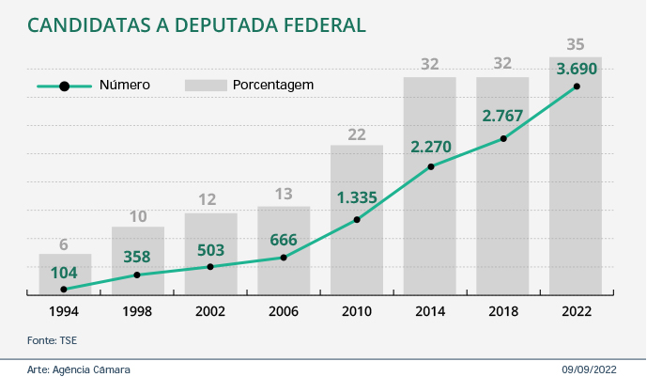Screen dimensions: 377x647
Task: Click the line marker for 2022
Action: pyautogui.click(x=576, y=86)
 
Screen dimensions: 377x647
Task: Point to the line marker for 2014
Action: pyautogui.click(x=430, y=167)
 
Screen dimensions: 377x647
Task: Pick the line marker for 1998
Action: pyautogui.click(x=137, y=275)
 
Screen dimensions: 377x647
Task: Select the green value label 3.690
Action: pyautogui.click(x=575, y=69)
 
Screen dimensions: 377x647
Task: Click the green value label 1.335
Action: pyautogui.click(x=357, y=197)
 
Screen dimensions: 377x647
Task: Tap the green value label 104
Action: pyautogui.click(x=64, y=273)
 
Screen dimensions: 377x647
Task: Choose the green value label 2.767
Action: pyautogui.click(x=502, y=117)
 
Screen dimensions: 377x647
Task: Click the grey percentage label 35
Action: pyautogui.click(x=576, y=44)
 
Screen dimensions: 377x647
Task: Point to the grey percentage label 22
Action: pyautogui.click(x=357, y=134)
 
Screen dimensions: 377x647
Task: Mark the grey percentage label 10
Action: pyautogui.click(x=137, y=216)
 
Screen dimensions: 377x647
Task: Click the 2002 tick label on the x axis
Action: pyautogui.click(x=210, y=311)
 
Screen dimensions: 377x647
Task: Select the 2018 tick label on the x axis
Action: pyautogui.click(x=502, y=311)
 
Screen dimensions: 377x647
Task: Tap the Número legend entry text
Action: pyautogui.click(x=124, y=85)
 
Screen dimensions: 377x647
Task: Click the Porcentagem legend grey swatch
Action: pyautogui.click(x=207, y=85)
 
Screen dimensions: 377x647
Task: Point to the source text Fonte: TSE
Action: pyautogui.click(x=51, y=338)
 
